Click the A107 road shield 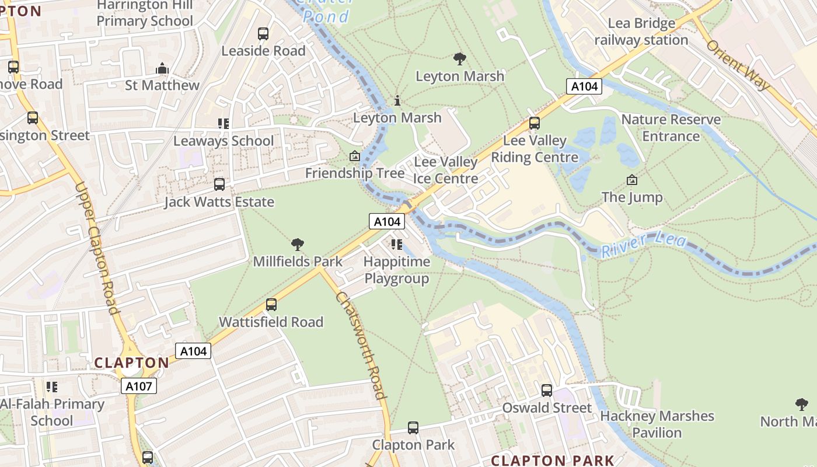point(139,386)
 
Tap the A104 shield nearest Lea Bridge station point(584,86)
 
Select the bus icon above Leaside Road point(263,34)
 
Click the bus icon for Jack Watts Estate point(219,184)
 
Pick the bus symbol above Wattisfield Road point(271,305)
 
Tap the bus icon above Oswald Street point(547,391)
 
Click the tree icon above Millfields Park point(298,244)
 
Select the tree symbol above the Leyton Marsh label point(460,58)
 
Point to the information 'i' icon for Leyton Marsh point(397,101)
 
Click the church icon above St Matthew point(162,69)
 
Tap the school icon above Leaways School point(224,124)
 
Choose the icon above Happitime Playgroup point(397,244)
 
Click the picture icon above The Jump point(631,180)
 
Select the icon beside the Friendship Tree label point(354,156)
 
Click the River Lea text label point(643,244)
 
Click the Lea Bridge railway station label point(641,32)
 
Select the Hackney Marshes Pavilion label point(657,424)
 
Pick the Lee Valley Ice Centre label point(446,170)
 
